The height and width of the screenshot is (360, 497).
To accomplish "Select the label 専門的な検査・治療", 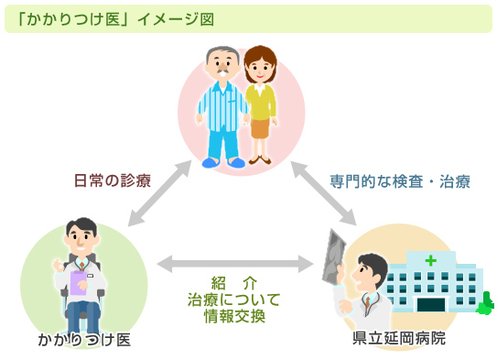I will (400, 181).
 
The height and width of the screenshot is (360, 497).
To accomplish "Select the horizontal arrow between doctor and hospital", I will (235, 264).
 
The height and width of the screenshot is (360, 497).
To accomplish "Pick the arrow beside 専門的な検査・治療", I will (324, 194).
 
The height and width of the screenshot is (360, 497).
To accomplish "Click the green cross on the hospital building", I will (429, 260).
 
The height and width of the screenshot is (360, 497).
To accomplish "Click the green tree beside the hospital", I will (484, 301).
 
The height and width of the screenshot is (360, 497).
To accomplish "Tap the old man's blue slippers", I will (222, 161).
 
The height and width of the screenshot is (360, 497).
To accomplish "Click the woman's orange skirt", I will (261, 128).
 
